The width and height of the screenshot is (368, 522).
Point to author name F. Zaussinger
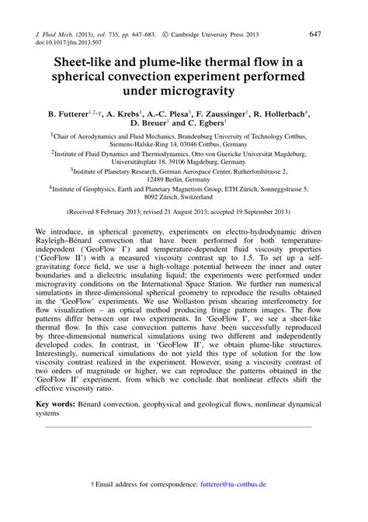click(x=220, y=114)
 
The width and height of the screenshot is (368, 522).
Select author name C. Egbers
click(x=201, y=123)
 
